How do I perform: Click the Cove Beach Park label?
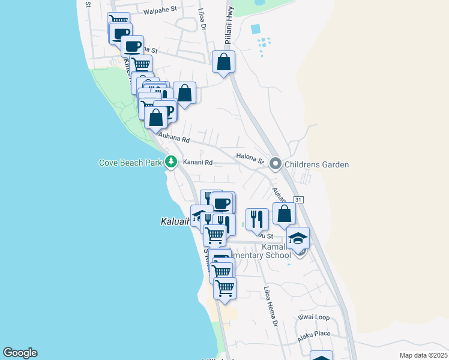[x=131, y=162]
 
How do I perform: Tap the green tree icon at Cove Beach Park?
[x=171, y=161]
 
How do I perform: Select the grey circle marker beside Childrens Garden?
[x=276, y=163]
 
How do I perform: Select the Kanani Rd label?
[x=198, y=163]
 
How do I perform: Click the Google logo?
[x=20, y=353]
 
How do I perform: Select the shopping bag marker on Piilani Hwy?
[x=223, y=62]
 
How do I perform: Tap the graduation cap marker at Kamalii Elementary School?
[x=298, y=239]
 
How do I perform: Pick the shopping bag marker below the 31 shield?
[x=285, y=214]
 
